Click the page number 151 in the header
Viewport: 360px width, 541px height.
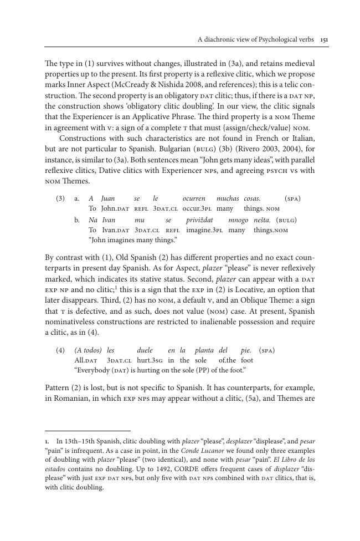coord(324,39)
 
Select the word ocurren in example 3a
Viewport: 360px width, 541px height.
coord(194,198)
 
